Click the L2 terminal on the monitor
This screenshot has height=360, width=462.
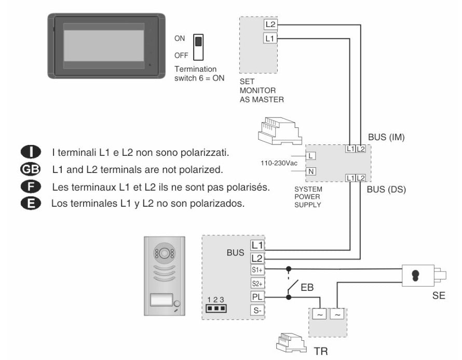click(270, 24)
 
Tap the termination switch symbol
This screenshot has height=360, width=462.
click(198, 47)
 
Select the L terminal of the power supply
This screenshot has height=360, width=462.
click(310, 155)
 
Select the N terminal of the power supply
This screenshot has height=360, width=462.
click(310, 171)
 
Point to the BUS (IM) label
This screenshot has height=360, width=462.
click(385, 138)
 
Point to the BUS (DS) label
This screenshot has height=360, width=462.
click(386, 189)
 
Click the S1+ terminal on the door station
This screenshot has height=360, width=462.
click(257, 270)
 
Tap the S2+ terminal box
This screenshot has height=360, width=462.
click(257, 284)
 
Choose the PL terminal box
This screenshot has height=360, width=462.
click(257, 297)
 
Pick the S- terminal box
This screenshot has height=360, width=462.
click(257, 311)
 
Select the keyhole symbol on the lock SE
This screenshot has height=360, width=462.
click(415, 275)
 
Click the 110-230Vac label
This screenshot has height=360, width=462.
click(279, 163)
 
